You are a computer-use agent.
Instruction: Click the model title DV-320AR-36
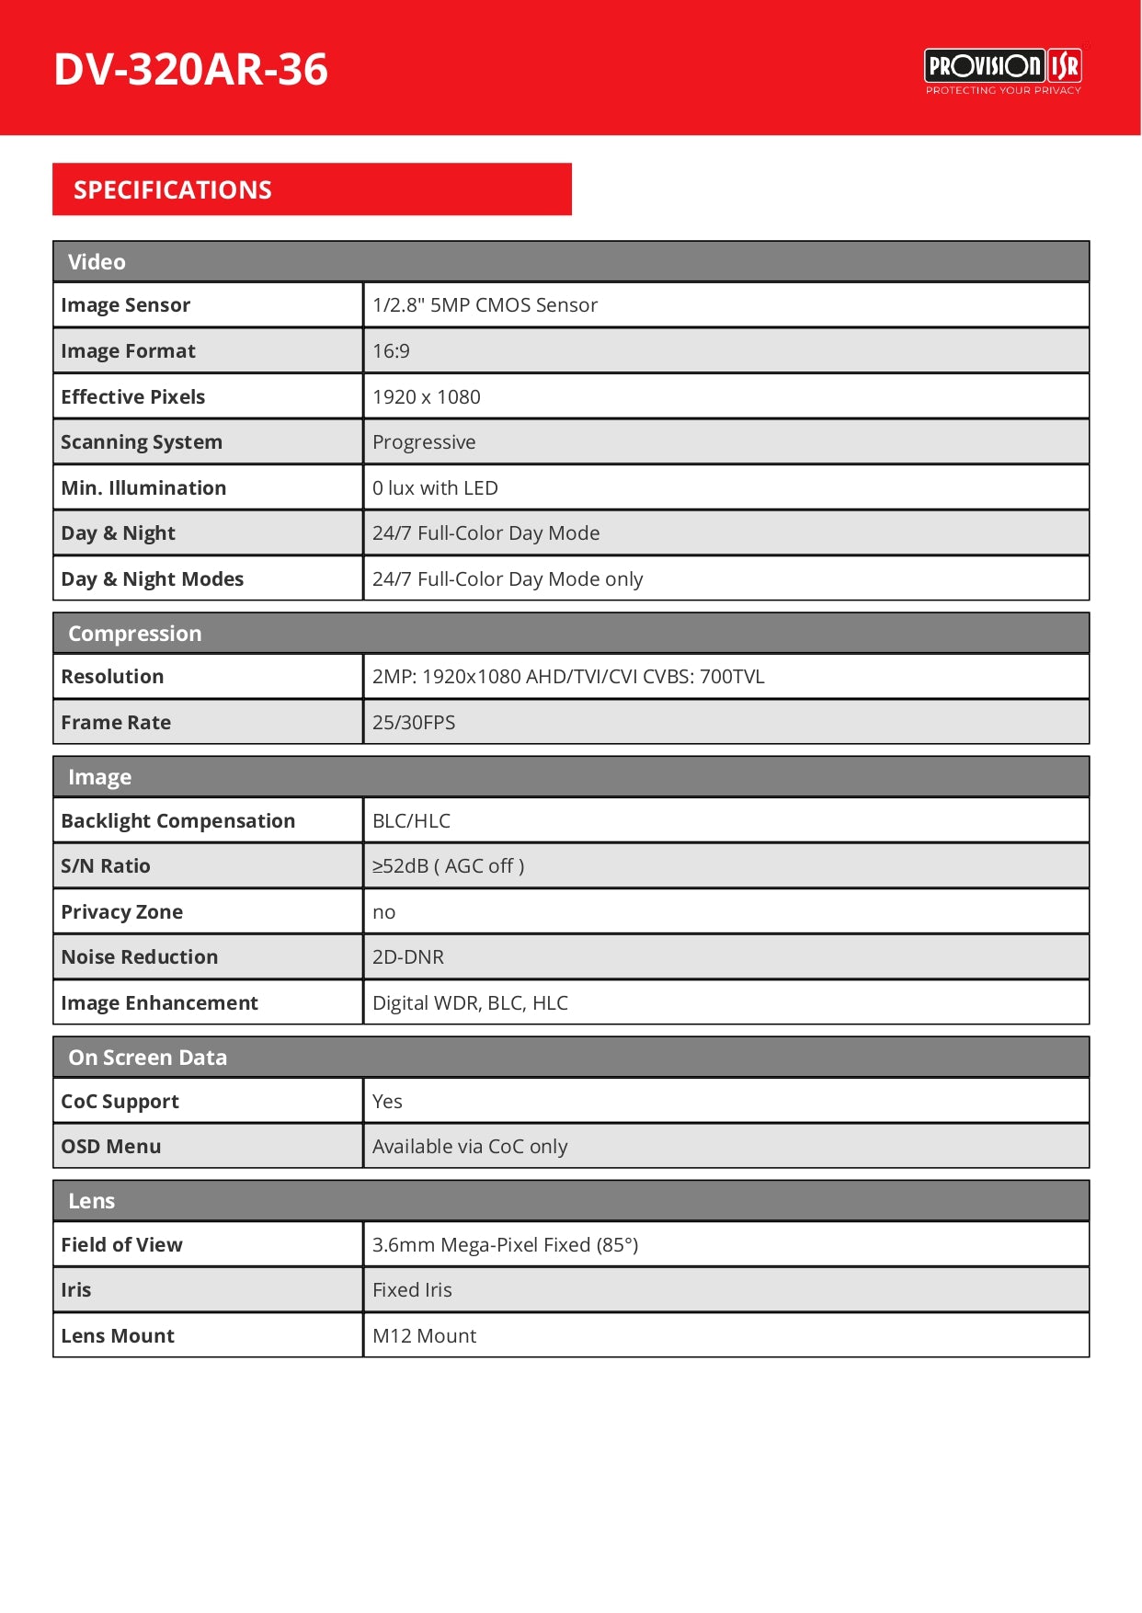point(190,69)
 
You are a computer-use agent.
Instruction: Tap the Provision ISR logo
point(1002,70)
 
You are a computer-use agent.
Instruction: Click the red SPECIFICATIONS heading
point(173,189)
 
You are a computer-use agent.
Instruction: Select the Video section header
point(97,262)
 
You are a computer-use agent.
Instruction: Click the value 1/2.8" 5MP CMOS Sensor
point(485,305)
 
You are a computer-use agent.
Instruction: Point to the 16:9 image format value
point(391,351)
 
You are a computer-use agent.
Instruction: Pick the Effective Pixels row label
point(133,397)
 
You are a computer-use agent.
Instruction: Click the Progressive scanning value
point(424,442)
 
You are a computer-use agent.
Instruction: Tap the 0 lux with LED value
point(435,488)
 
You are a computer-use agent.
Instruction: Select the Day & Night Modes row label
point(153,579)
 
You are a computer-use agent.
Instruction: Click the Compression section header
point(135,634)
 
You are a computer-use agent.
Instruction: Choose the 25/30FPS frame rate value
point(414,723)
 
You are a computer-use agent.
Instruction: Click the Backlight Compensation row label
point(178,821)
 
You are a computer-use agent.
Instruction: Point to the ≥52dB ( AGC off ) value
point(448,866)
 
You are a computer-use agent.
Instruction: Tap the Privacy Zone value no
point(383,912)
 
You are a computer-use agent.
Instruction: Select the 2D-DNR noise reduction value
point(407,957)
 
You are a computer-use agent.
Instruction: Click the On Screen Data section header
point(147,1058)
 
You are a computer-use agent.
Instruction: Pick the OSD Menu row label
point(111,1147)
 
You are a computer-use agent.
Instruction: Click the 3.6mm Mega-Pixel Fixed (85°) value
point(505,1245)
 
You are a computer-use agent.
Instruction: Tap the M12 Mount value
point(424,1336)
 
